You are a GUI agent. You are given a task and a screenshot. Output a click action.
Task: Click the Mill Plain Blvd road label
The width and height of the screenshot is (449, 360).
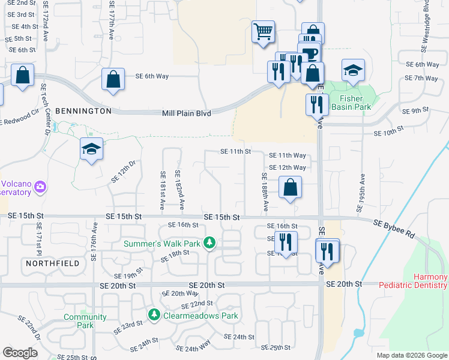(187, 113)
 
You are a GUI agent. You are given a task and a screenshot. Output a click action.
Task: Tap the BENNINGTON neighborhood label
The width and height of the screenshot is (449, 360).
(83, 111)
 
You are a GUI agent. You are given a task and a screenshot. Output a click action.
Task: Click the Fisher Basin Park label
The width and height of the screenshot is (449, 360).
(355, 103)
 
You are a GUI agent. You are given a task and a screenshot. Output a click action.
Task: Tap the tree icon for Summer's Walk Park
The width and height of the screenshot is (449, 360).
(209, 243)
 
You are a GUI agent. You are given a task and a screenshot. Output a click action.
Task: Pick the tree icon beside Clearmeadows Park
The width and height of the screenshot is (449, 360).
(154, 314)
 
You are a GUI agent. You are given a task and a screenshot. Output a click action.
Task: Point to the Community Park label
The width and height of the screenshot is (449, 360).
(85, 321)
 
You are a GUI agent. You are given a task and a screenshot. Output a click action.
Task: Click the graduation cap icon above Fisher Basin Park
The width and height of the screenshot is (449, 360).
(354, 70)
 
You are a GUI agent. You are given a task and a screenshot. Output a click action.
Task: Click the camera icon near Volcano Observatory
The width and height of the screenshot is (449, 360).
(40, 187)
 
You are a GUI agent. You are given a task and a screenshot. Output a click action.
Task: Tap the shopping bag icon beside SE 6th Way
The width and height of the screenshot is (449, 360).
(113, 79)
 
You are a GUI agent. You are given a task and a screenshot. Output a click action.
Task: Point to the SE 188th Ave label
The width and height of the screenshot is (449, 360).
(265, 192)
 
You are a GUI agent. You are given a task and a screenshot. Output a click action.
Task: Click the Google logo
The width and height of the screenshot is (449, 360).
(20, 353)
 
